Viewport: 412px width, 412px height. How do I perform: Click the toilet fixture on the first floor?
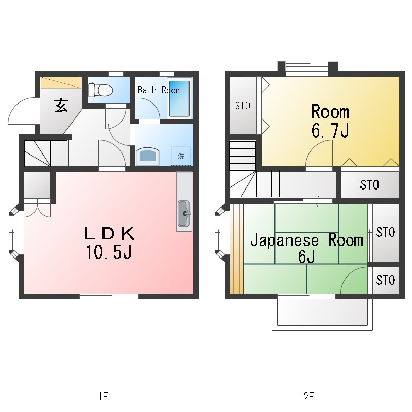tap(100, 90)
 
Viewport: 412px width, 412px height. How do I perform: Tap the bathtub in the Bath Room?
tap(179, 98)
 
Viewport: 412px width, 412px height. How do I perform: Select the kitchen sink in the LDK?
tap(184, 213)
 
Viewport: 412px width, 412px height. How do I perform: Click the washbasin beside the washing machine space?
tap(148, 156)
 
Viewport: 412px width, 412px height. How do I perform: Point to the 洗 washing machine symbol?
tap(181, 156)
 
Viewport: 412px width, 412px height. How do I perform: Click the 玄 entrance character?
tap(61, 106)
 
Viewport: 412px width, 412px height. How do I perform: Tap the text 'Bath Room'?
tap(159, 90)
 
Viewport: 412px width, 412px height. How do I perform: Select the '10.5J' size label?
tap(109, 252)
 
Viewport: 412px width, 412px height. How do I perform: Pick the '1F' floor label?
tap(104, 396)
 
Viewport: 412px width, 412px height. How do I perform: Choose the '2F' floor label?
tap(308, 396)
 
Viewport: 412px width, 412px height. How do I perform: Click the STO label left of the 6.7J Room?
tap(243, 106)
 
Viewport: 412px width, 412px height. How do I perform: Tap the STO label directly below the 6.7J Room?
tap(370, 185)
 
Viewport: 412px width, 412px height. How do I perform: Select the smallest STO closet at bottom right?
tap(386, 280)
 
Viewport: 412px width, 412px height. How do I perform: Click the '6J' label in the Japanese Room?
tap(306, 256)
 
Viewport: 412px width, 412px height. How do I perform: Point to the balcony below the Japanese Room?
tap(322, 314)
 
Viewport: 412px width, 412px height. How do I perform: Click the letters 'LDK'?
tap(109, 234)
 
